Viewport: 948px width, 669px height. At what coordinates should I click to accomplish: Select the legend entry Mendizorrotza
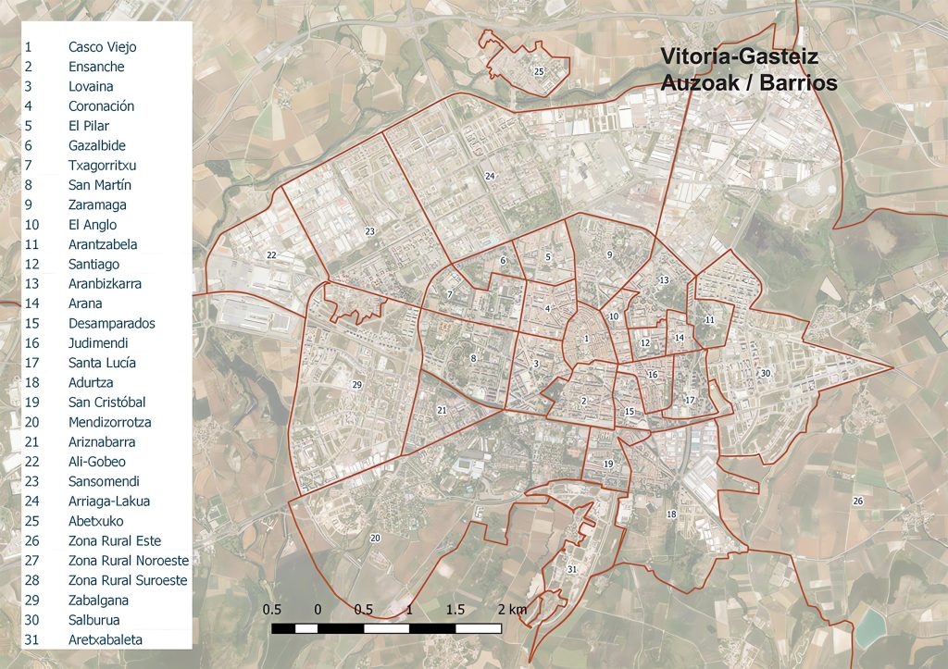(x=109, y=422)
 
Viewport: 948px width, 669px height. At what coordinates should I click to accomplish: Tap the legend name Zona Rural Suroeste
(x=127, y=580)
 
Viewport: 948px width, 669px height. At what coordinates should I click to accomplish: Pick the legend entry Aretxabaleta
(x=106, y=639)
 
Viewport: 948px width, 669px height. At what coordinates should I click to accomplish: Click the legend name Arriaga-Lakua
(x=108, y=501)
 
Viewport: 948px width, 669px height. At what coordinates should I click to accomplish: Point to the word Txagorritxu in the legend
(x=102, y=165)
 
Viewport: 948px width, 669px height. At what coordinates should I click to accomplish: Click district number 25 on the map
(x=538, y=70)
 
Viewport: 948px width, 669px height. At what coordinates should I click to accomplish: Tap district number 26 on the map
(x=857, y=501)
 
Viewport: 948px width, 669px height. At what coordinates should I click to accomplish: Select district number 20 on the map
(x=375, y=538)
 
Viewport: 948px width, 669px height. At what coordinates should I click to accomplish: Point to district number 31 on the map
(x=572, y=568)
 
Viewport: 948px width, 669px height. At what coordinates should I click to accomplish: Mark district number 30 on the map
(x=765, y=372)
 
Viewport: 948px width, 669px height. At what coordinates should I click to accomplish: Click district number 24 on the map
(x=490, y=176)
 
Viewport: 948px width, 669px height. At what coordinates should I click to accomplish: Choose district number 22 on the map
(x=271, y=254)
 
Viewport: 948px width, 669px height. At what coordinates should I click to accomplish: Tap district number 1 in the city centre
(x=586, y=339)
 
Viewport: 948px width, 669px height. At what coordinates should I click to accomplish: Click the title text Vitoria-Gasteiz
(x=739, y=57)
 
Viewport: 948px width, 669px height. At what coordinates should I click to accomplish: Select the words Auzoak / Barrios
(x=749, y=82)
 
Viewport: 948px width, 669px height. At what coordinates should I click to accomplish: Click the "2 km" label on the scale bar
(x=510, y=610)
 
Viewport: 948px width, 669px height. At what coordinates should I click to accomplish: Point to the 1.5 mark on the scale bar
(x=455, y=610)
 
